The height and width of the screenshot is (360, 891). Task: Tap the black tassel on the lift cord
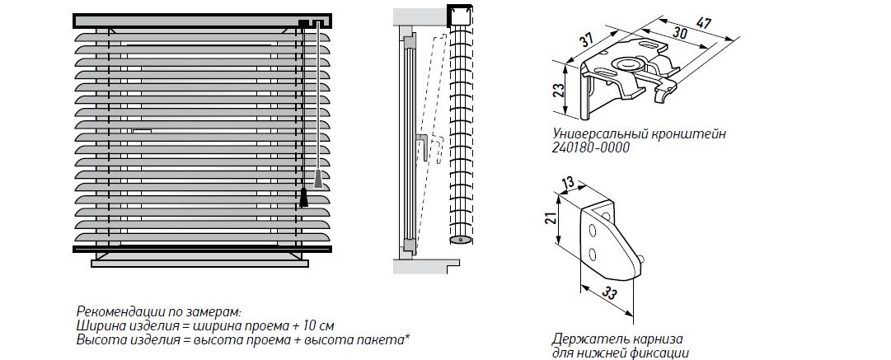304,198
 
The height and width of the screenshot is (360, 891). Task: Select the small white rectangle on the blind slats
142,130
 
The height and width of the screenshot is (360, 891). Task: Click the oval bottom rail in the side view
459,240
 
